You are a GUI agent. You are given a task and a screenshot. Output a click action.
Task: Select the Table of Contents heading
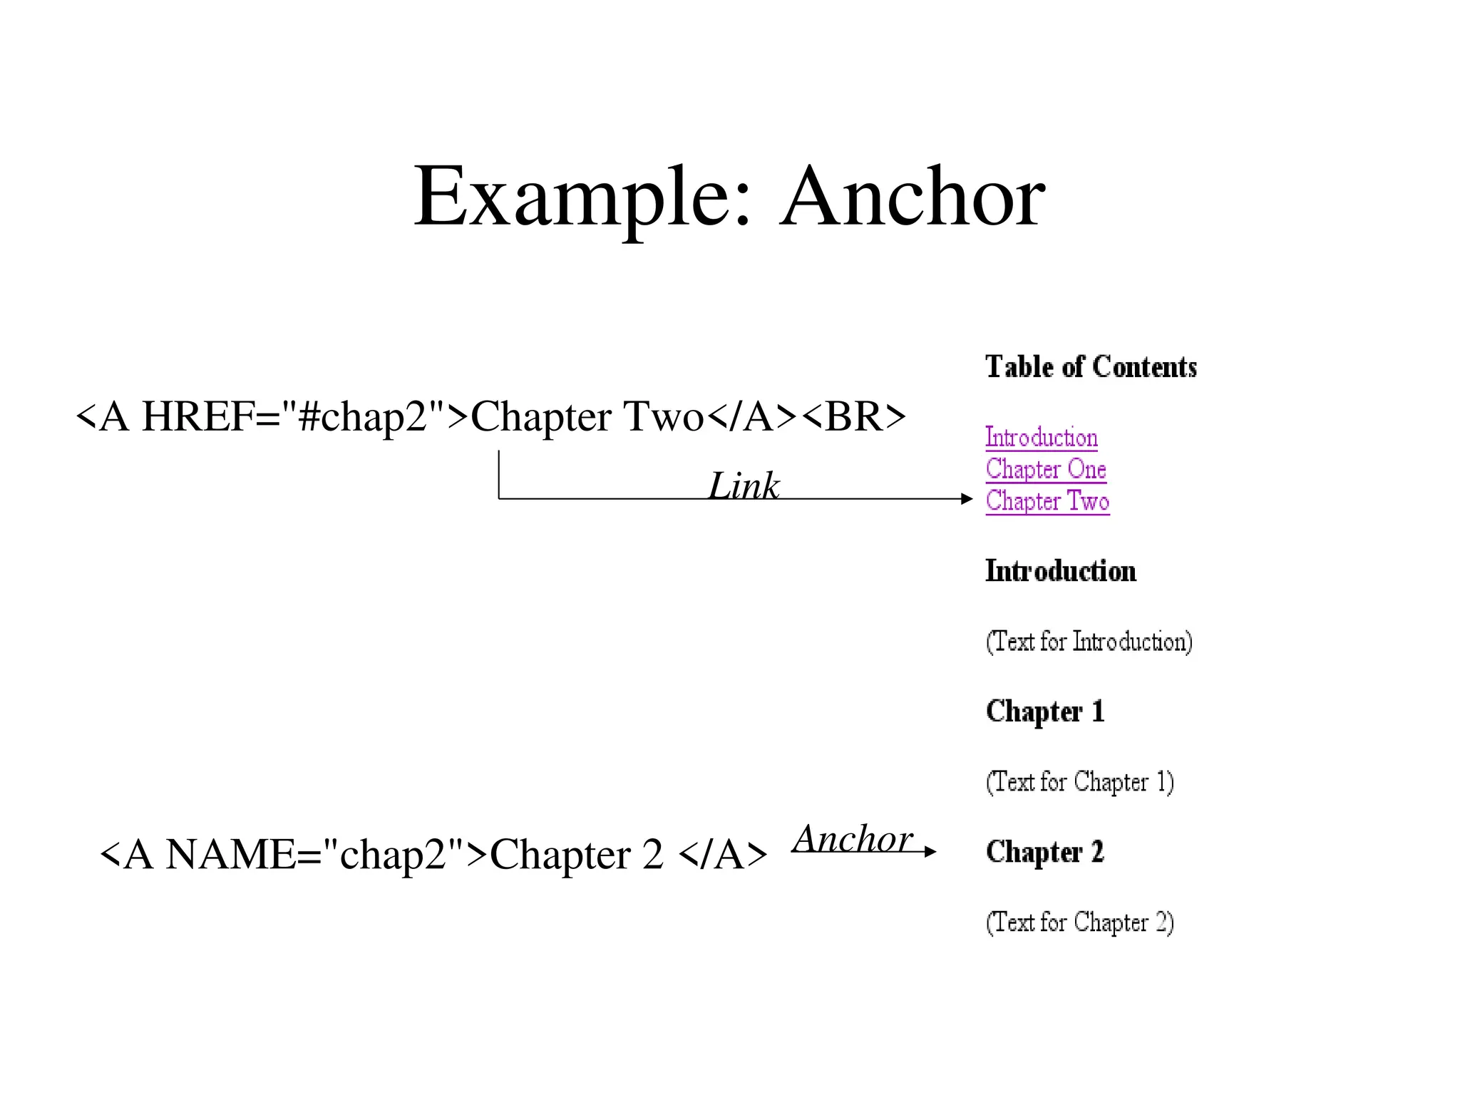[x=1091, y=367]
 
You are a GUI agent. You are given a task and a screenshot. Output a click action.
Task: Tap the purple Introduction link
[x=1041, y=438]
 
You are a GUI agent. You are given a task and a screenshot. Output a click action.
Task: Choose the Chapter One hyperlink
[x=1046, y=469]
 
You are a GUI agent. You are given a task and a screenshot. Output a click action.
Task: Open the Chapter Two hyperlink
[x=1047, y=501]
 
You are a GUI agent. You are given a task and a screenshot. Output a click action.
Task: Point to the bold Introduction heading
[x=1060, y=572]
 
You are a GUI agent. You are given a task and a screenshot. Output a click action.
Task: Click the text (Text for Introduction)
[x=1089, y=642]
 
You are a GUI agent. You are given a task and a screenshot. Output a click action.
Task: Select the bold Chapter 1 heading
[x=1045, y=711]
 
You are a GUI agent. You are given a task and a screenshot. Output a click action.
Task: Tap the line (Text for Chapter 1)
[x=1079, y=782]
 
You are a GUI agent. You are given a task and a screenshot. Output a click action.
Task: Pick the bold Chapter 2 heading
[x=1045, y=852]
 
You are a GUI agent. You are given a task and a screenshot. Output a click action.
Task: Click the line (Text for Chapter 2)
[x=1079, y=922]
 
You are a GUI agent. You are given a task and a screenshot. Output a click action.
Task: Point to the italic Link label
[x=744, y=486]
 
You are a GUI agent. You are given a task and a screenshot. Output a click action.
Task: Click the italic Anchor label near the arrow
[x=853, y=838]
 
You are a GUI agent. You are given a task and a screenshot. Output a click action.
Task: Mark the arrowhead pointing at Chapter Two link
[x=967, y=499]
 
